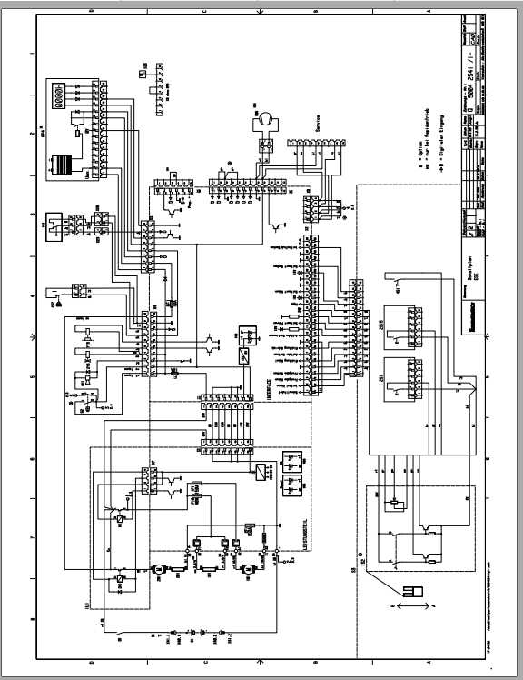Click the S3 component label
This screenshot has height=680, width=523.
click(352, 574)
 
